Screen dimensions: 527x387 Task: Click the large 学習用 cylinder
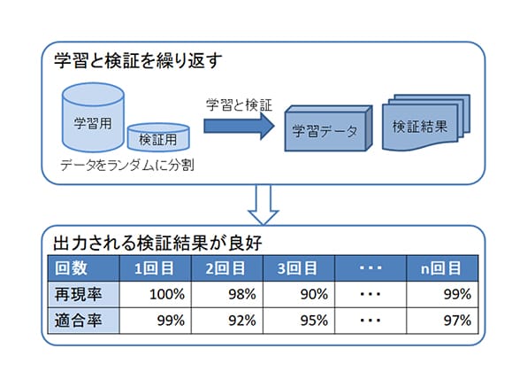(93, 118)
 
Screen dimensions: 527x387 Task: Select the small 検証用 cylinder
(158, 137)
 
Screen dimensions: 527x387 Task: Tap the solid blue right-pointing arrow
(239, 127)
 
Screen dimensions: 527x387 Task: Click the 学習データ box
(328, 128)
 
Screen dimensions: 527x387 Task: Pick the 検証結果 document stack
(426, 122)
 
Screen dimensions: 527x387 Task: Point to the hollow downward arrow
(263, 205)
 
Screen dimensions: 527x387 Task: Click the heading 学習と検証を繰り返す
(138, 61)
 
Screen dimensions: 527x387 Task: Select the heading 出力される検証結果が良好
(157, 243)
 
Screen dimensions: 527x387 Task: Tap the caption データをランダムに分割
(127, 166)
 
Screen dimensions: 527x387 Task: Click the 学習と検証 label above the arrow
(239, 105)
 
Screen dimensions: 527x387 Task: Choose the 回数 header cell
(84, 268)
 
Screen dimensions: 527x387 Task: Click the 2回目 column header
(227, 268)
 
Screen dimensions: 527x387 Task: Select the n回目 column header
(442, 268)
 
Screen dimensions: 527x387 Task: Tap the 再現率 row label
(84, 294)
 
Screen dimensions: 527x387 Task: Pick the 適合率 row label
(84, 321)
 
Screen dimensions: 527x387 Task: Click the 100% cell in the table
(156, 294)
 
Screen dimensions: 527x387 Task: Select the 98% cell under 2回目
(227, 294)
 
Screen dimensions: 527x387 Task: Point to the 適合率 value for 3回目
(299, 321)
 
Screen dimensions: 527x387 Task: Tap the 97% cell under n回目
(442, 321)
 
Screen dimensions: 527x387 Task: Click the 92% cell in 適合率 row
(227, 321)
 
